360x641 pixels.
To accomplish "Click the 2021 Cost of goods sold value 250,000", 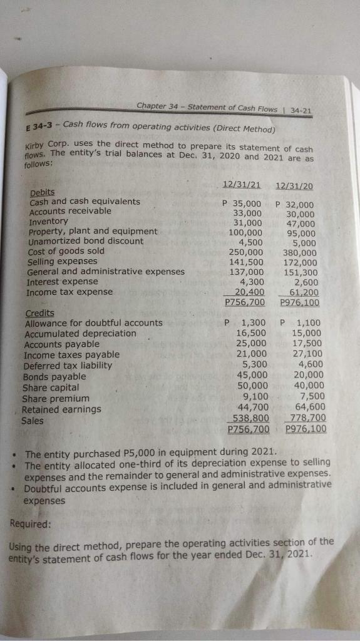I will (246, 251).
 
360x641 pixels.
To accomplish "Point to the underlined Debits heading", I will (42, 192).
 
